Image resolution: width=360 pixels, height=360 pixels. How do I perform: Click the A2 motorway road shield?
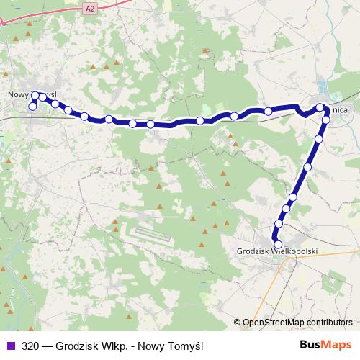point(89,8)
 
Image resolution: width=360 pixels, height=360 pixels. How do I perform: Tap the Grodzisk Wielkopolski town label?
point(277,251)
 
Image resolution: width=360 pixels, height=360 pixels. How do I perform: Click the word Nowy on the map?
point(18,94)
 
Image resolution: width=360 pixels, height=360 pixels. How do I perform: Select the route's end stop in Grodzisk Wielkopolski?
point(278,244)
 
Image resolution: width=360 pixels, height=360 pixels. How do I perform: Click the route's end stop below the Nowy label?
point(32,107)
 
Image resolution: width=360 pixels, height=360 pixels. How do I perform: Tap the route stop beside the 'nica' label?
point(320,108)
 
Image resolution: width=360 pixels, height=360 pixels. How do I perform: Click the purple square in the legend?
point(9,344)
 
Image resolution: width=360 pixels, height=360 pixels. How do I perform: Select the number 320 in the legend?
point(30,344)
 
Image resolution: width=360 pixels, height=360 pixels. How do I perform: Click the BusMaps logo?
point(325,344)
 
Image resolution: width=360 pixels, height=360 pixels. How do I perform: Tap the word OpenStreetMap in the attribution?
point(274,323)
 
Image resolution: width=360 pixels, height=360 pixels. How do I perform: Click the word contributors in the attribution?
point(329,323)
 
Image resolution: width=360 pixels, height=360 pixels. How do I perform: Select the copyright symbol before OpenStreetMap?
point(238,323)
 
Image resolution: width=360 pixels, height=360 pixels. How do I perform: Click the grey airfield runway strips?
point(147,233)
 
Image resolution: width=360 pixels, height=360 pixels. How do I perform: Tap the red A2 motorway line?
point(43,16)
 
